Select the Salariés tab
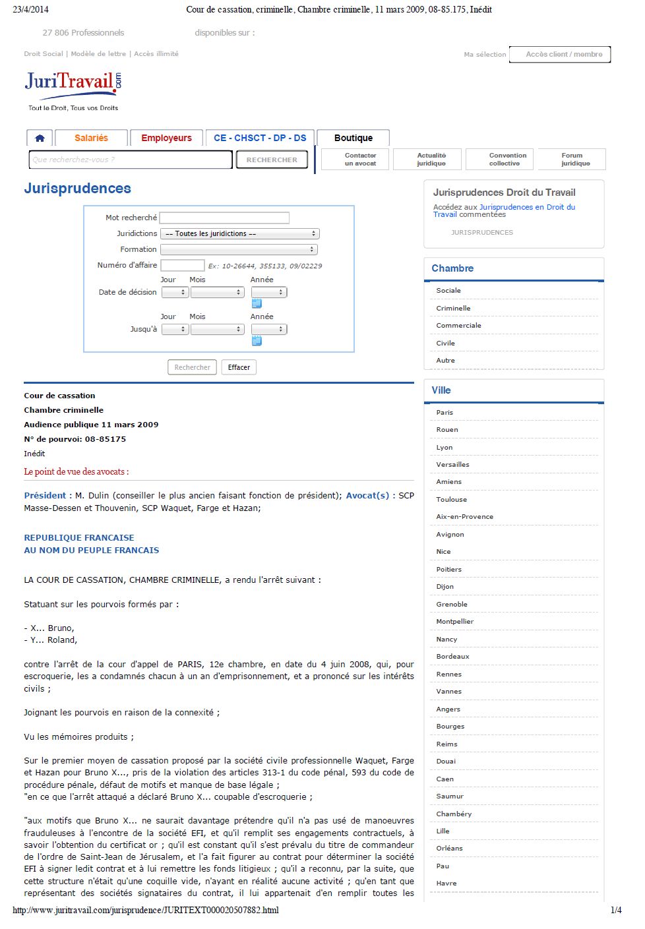tap(91, 138)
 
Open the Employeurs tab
tap(166, 138)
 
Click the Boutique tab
tap(353, 138)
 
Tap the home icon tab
tap(40, 138)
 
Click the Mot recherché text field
tap(224, 218)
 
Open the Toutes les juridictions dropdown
tap(240, 233)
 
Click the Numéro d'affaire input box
tap(183, 265)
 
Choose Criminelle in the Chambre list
tap(453, 308)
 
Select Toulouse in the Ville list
tap(451, 499)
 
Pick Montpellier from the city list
tap(454, 621)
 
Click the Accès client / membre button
tap(564, 54)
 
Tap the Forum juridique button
tap(572, 160)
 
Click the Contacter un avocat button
tap(360, 160)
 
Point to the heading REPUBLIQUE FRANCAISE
tap(79, 537)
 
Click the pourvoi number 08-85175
tap(105, 439)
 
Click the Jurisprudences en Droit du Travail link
tap(527, 207)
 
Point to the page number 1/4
tap(616, 910)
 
